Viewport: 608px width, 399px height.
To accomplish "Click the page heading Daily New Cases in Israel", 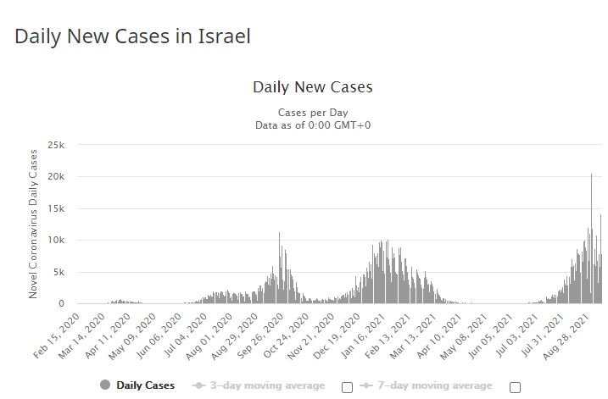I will coord(133,36).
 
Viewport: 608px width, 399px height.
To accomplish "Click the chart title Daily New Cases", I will coord(312,87).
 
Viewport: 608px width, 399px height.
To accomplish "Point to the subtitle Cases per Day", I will coord(312,113).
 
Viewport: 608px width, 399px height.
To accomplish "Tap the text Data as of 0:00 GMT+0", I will coord(312,125).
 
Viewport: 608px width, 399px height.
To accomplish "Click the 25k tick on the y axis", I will coord(56,145).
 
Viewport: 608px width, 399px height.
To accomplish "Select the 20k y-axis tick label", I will coord(56,177).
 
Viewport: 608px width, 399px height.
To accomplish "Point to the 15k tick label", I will coord(56,208).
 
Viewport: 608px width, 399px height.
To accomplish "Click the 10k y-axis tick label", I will coord(56,241).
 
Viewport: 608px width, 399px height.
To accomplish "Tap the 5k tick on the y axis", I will coord(59,272).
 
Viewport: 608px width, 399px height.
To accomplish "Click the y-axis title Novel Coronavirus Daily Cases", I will coord(34,223).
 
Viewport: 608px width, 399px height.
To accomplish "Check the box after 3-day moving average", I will coord(347,387).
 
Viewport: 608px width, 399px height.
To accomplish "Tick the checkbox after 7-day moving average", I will coord(515,387).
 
